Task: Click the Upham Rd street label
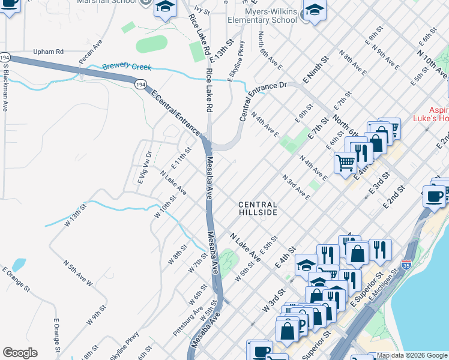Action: [48, 52]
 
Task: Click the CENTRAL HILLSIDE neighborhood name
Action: [258, 208]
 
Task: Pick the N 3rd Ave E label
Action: [297, 187]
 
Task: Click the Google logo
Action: [20, 353]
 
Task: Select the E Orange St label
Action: [16, 281]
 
